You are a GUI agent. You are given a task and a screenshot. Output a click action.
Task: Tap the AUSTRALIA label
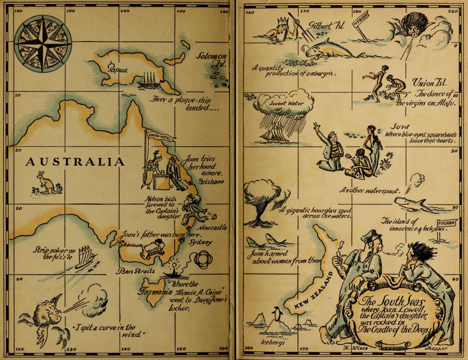pyautogui.click(x=75, y=162)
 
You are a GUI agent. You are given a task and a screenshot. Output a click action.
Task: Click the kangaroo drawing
pyautogui.click(x=46, y=183)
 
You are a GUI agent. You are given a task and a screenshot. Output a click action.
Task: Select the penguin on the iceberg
pyautogui.click(x=276, y=315)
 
